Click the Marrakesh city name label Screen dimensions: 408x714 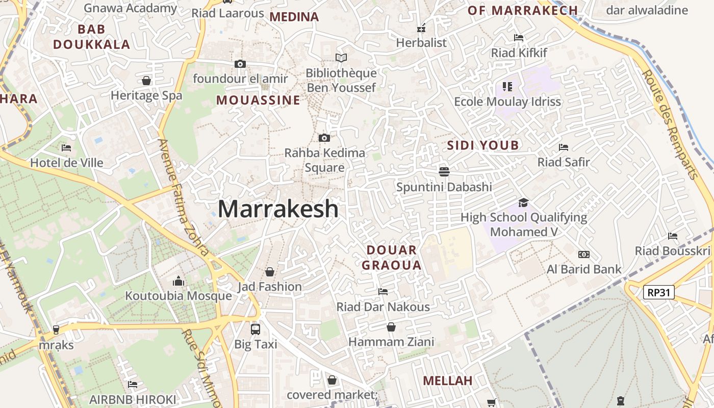pyautogui.click(x=278, y=209)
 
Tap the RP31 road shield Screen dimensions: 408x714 pyautogui.click(x=659, y=293)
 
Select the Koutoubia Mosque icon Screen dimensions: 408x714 pyautogui.click(x=178, y=281)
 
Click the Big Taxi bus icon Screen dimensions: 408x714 pyautogui.click(x=256, y=329)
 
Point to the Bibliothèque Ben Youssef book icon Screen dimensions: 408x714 pyautogui.click(x=341, y=58)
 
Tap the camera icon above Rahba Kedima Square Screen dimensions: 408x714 pyautogui.click(x=324, y=138)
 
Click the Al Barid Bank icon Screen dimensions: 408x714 pyautogui.click(x=583, y=254)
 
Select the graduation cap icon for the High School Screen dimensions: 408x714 pyautogui.click(x=523, y=203)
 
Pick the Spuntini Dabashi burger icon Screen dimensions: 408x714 pyautogui.click(x=444, y=171)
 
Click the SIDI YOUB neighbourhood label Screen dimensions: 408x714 pyautogui.click(x=483, y=145)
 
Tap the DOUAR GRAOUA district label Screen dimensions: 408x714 pyautogui.click(x=392, y=258)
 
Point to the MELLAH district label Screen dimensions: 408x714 pyautogui.click(x=447, y=380)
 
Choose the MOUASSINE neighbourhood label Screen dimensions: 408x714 pyautogui.click(x=258, y=100)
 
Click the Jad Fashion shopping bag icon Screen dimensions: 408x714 pyautogui.click(x=270, y=272)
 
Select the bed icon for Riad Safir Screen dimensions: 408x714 pyautogui.click(x=563, y=147)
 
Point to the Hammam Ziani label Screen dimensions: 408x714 pyautogui.click(x=391, y=342)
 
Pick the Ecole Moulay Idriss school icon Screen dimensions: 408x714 pyautogui.click(x=507, y=87)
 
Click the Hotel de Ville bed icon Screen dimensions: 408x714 pyautogui.click(x=66, y=148)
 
